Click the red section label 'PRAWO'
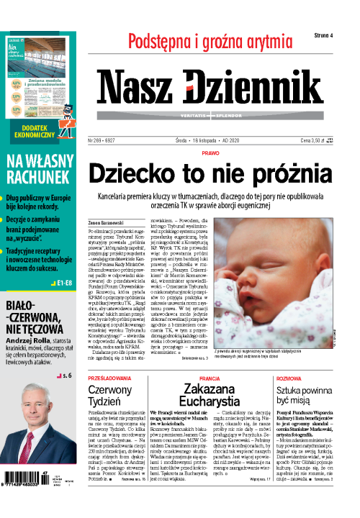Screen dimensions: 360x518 (x=210, y=153)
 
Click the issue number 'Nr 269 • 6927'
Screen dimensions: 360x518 (x=123, y=141)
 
